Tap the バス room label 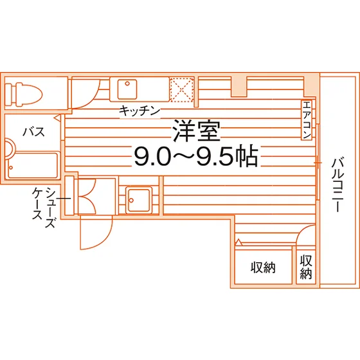(33, 132)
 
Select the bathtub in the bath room (32, 165)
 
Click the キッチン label (139, 111)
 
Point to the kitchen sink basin (127, 89)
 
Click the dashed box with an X (182, 90)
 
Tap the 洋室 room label (196, 131)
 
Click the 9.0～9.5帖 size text (196, 156)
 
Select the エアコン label (307, 120)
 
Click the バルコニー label (337, 184)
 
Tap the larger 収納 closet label (263, 267)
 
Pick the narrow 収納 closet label (306, 267)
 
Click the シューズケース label (44, 206)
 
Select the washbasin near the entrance (139, 200)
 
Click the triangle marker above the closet (239, 242)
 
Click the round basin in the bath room (9, 149)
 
